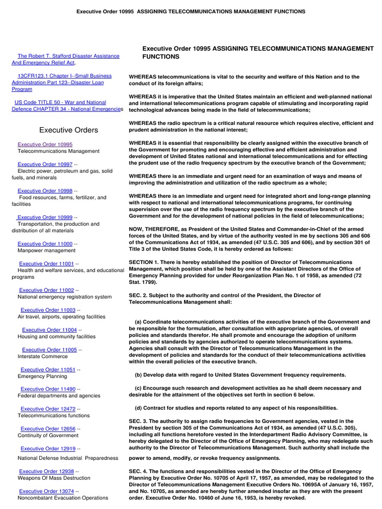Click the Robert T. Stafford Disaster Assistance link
click(68, 56)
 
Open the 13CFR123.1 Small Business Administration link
click(64, 76)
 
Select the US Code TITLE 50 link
click(60, 102)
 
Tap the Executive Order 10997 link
click(45, 164)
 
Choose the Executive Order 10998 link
click(45, 191)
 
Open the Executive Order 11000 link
click(45, 244)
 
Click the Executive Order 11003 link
click(48, 310)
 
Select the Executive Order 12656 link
click(48, 429)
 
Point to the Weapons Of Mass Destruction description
click(54, 478)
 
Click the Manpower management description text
click(46, 251)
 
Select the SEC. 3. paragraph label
click(139, 421)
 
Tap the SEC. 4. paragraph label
click(139, 471)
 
